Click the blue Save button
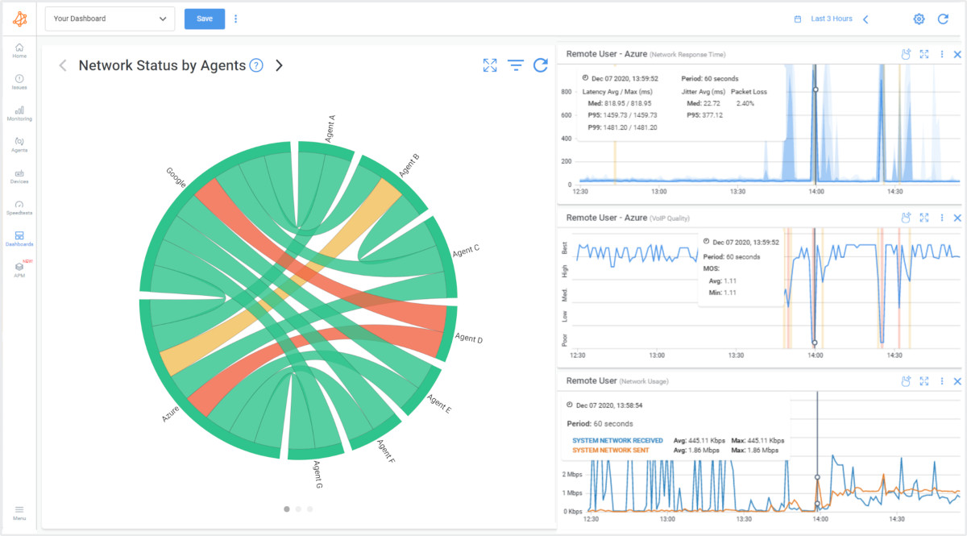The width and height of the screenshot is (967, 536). [205, 19]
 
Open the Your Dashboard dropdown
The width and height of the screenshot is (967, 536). [110, 19]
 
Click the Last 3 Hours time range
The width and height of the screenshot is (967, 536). [831, 19]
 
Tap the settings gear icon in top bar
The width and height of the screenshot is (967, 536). [919, 19]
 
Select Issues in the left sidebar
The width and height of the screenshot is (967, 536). [19, 81]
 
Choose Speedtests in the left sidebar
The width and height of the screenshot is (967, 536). [19, 207]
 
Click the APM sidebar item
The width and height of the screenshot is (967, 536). [19, 269]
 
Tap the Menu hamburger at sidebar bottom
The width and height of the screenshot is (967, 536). [19, 512]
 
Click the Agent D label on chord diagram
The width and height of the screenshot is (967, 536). [468, 339]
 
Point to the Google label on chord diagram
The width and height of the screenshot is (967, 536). [176, 177]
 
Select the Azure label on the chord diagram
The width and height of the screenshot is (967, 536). [170, 414]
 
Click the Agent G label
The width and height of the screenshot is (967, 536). [318, 474]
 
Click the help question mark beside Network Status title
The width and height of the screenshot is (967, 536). [256, 65]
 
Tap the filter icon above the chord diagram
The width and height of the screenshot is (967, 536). [516, 65]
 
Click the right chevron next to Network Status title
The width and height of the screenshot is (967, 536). [279, 65]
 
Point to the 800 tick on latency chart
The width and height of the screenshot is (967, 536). [567, 92]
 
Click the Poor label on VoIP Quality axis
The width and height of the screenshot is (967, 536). [564, 339]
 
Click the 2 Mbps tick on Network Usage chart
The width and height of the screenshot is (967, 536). [572, 474]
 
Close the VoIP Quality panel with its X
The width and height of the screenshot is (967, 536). [957, 218]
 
